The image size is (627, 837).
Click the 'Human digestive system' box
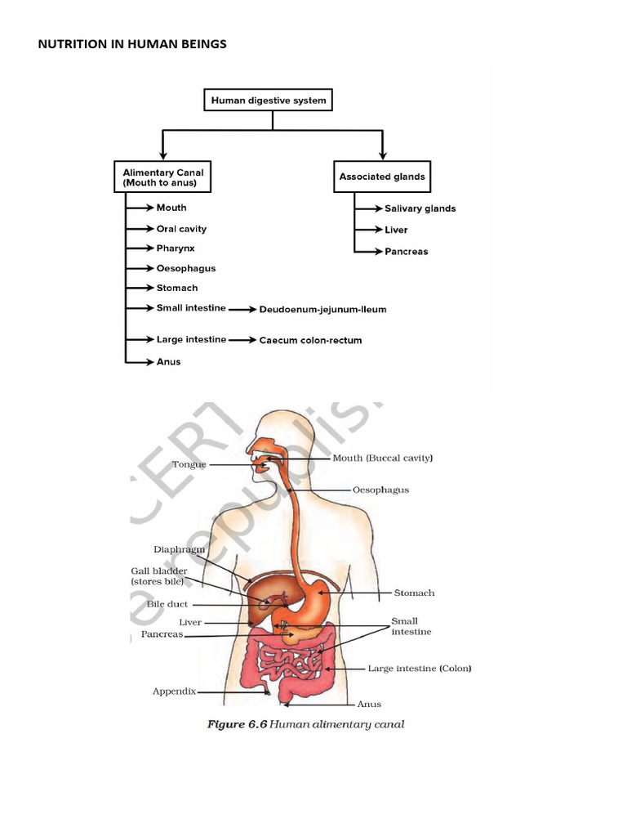pos(269,101)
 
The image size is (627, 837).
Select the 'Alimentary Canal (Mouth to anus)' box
pos(162,177)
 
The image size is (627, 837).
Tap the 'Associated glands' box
pos(382,177)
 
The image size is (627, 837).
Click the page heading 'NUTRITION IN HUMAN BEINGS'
pos(132,44)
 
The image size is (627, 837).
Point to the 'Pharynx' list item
pos(176,248)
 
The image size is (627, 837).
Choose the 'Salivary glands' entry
pos(420,208)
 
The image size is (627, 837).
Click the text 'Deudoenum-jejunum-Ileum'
pos(322,310)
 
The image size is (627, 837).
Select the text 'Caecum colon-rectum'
pos(310,340)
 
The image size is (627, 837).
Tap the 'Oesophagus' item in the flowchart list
pos(186,268)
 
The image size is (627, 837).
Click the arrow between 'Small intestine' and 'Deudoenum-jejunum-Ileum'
pos(240,310)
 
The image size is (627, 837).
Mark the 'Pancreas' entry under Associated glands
pos(407,252)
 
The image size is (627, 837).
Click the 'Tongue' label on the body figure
pos(189,464)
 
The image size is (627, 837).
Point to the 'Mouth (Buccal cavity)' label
pos(382,459)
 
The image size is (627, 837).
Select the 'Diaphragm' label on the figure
pos(178,549)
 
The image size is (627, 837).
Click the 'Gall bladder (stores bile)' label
pos(159,575)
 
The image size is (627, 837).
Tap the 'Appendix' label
pos(174,691)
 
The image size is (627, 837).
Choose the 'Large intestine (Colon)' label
pos(419,669)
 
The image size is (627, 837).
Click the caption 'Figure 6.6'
pos(238,724)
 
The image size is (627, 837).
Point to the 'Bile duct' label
pos(167,604)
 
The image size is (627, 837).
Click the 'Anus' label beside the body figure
pos(369,704)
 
